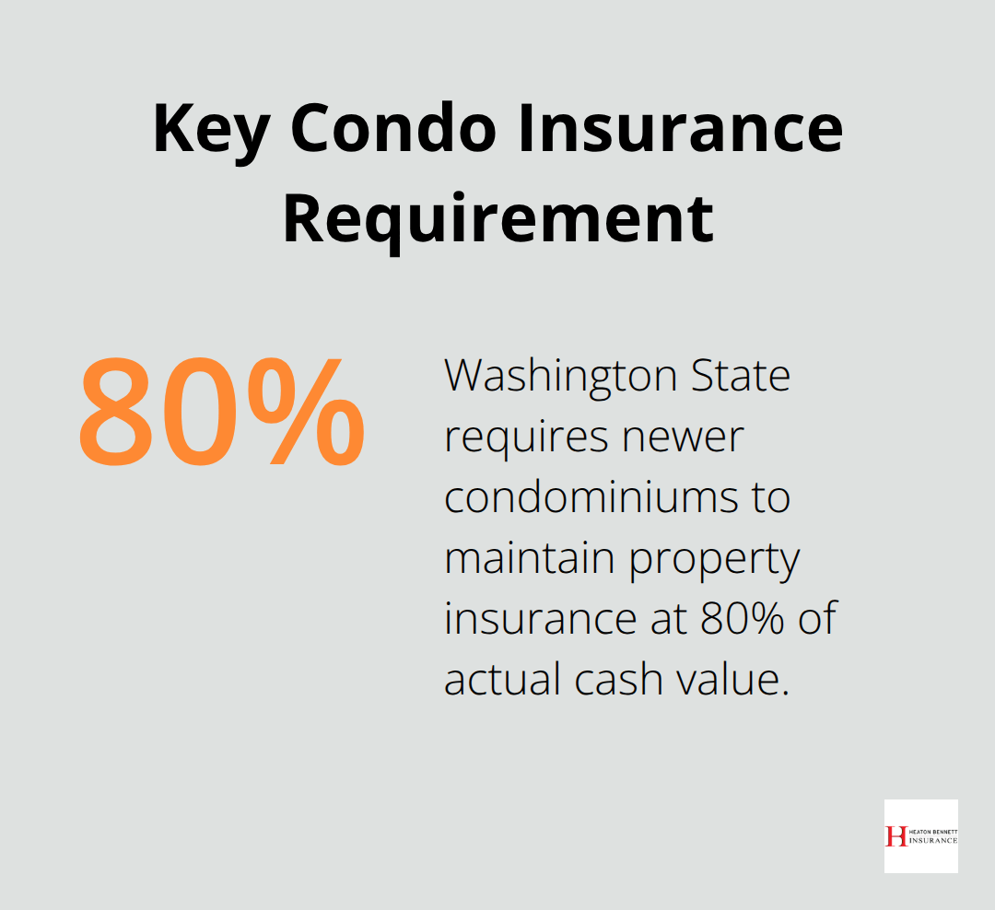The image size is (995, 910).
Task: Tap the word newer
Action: tap(683, 437)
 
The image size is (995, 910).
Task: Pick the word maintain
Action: tap(529, 558)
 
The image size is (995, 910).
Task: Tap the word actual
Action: tap(503, 680)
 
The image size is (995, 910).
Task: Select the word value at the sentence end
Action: tap(740, 680)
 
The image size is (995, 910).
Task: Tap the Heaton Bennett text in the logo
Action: tap(932, 832)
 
